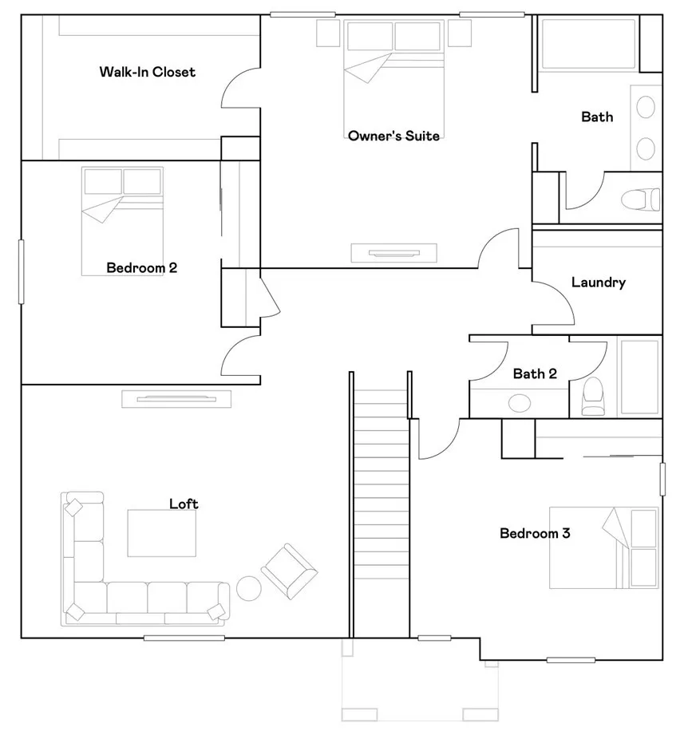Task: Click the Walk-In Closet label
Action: [x=147, y=73]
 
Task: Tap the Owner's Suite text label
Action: [x=393, y=136]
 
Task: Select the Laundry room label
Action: [x=598, y=283]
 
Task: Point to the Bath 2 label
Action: [x=535, y=374]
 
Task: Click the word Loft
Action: [x=184, y=504]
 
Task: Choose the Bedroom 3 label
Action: [x=534, y=533]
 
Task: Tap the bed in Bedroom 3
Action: [x=603, y=548]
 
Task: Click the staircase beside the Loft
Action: [x=380, y=511]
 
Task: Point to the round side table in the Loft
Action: [x=249, y=588]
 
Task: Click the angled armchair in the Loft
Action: [x=289, y=571]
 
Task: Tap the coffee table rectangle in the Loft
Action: [x=161, y=533]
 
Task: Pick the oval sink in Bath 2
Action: [x=520, y=402]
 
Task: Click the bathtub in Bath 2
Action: [x=639, y=376]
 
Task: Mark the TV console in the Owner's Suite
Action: [x=394, y=253]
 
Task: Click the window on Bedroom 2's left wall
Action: [x=22, y=271]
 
